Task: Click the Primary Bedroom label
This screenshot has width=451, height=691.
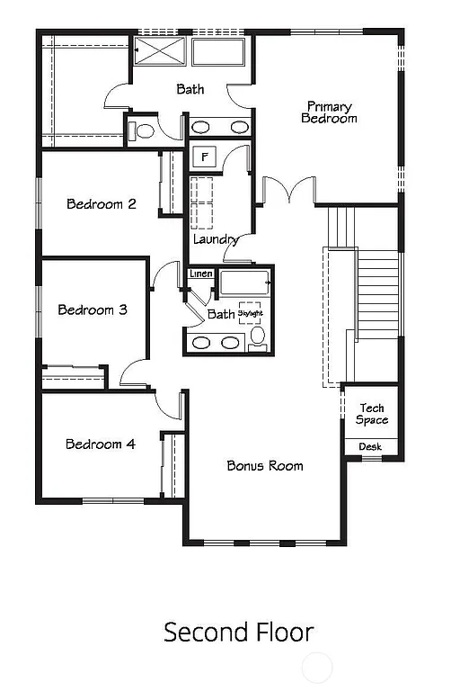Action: (x=328, y=112)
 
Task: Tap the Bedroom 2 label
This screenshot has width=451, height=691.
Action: (x=102, y=204)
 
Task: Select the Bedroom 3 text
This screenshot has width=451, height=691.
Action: (x=93, y=310)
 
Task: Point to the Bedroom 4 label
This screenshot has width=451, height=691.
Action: (x=101, y=444)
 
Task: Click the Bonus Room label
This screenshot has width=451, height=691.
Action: (x=264, y=466)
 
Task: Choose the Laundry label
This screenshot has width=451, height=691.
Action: (x=216, y=240)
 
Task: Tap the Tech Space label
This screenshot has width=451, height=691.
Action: (x=371, y=415)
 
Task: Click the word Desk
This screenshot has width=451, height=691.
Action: (x=370, y=447)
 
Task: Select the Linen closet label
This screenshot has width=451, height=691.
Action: (x=199, y=274)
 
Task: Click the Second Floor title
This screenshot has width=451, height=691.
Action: (x=238, y=633)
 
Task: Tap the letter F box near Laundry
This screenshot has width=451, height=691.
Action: (x=206, y=157)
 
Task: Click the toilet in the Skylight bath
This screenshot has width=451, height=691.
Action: (x=258, y=337)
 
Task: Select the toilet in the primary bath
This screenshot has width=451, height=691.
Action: (x=144, y=130)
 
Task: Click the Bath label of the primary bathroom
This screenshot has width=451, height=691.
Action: (x=190, y=89)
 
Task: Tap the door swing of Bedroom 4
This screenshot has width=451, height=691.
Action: (x=168, y=405)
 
